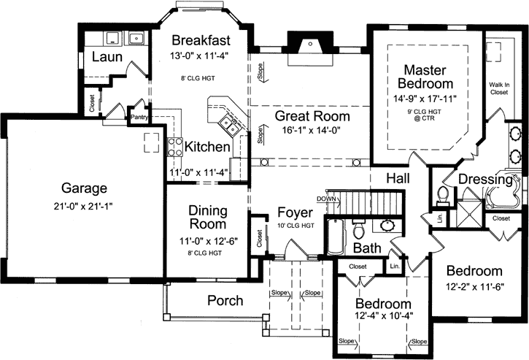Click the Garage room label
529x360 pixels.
coord(84,187)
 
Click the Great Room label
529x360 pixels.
coord(312,116)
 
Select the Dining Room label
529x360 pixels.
coord(207,218)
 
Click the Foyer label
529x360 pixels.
coord(295,212)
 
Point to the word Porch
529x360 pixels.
coord(225,300)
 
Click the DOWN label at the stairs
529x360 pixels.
coord(325,199)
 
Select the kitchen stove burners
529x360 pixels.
coord(175,146)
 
